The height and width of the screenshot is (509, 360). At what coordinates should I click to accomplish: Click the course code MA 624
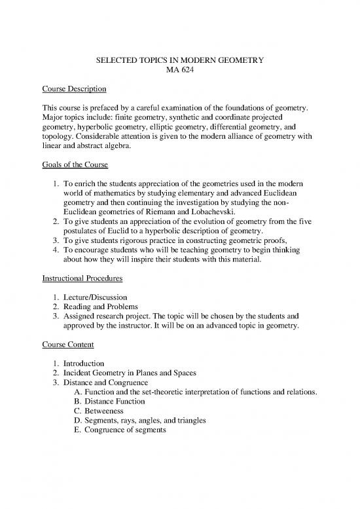point(179,71)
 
